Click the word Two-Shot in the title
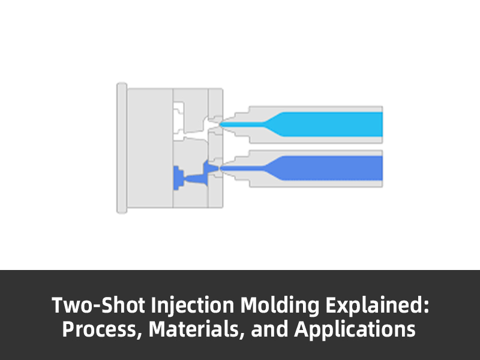[x=98, y=305]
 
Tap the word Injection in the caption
[x=193, y=306]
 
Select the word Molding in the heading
[x=280, y=306]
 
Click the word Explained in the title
[x=374, y=306]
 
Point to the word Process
[x=99, y=329]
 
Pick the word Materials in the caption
[x=193, y=329]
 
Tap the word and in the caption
[x=269, y=329]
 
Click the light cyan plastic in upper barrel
[x=325, y=124]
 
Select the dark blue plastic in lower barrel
[x=325, y=168]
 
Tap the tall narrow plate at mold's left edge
[x=122, y=148]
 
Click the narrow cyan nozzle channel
[x=242, y=124]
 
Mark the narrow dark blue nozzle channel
[x=242, y=168]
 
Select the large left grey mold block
[x=150, y=148]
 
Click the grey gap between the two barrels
[x=316, y=146]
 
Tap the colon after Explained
[x=427, y=307]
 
